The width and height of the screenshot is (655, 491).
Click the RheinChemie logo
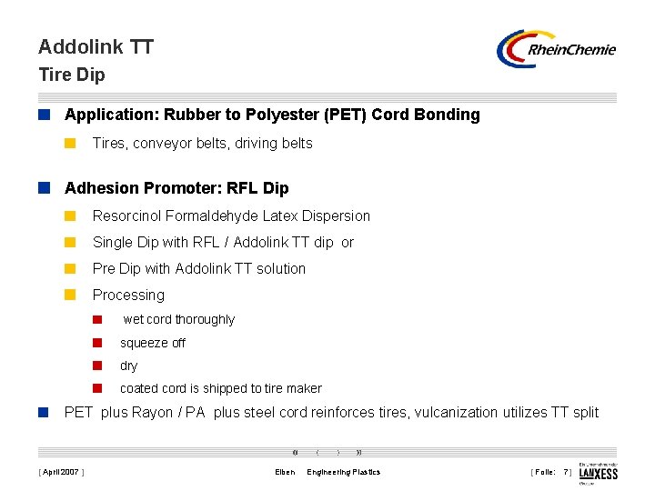[556, 49]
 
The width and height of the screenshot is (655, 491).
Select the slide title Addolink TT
[96, 46]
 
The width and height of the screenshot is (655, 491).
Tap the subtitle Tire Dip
[71, 75]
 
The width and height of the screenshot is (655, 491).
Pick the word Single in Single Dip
[113, 242]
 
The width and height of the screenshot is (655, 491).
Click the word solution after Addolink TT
[279, 268]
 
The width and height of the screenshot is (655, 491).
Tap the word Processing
[128, 295]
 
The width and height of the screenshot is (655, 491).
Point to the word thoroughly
[205, 319]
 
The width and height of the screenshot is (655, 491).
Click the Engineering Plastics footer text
[344, 472]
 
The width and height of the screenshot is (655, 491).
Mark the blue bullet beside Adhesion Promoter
[43, 188]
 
